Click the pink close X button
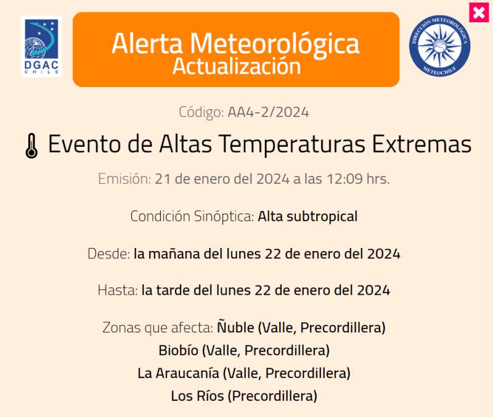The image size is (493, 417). (x=478, y=12)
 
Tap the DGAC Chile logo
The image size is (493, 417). (x=41, y=46)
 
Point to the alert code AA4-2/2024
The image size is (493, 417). (x=268, y=112)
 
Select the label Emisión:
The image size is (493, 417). (x=124, y=180)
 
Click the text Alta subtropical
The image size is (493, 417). (x=308, y=217)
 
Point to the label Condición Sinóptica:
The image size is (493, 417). (x=192, y=217)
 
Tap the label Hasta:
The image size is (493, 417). (x=117, y=291)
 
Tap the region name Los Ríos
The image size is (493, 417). (x=197, y=396)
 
